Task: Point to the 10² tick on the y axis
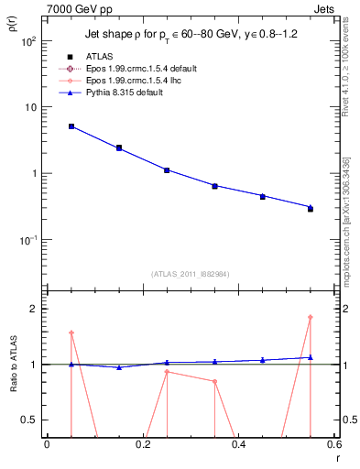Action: pyautogui.click(x=28, y=42)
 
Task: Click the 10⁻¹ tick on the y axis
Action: pyautogui.click(x=28, y=240)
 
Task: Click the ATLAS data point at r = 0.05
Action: pyautogui.click(x=71, y=126)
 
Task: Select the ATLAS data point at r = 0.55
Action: pyautogui.click(x=311, y=209)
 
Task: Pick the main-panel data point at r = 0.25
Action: pyautogui.click(x=167, y=170)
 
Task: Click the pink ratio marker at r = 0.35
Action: pyautogui.click(x=215, y=381)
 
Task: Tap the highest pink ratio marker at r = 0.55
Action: pyautogui.click(x=311, y=317)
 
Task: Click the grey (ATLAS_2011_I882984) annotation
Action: pyautogui.click(x=191, y=274)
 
